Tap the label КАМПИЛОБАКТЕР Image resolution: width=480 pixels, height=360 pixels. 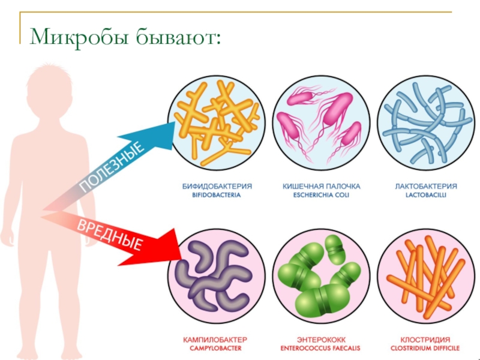(215, 338)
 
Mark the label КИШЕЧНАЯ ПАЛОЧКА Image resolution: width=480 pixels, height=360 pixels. (316, 186)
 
